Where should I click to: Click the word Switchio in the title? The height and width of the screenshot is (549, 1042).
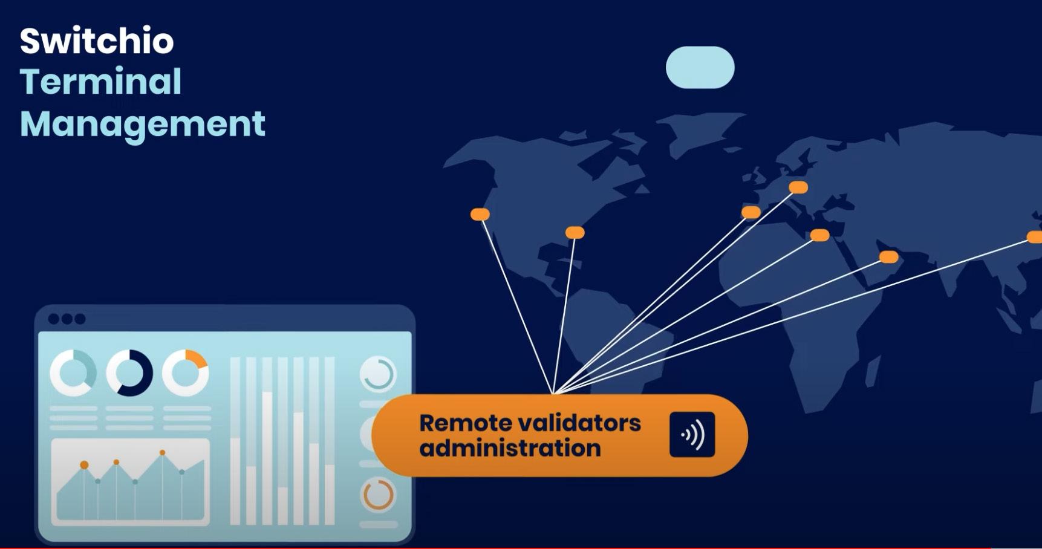click(97, 41)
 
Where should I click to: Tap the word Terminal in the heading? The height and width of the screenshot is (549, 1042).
click(100, 82)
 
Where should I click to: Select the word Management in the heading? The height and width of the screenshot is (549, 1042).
click(142, 124)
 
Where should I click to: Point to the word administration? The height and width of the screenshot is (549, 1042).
click(510, 449)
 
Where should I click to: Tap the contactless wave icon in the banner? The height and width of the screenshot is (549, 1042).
click(692, 435)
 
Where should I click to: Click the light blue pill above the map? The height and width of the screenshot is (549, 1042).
click(700, 68)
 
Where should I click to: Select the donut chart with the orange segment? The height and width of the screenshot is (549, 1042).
click(186, 372)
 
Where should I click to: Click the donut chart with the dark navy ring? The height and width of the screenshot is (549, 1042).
click(129, 373)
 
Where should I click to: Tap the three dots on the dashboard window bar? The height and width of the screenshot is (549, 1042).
click(67, 319)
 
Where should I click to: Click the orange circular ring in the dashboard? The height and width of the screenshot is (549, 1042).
click(378, 495)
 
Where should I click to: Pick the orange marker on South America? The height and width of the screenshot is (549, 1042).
click(575, 233)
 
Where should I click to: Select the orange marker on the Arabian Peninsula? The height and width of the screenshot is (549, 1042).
click(888, 257)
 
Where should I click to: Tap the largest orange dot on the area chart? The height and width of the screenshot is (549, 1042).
click(84, 465)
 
